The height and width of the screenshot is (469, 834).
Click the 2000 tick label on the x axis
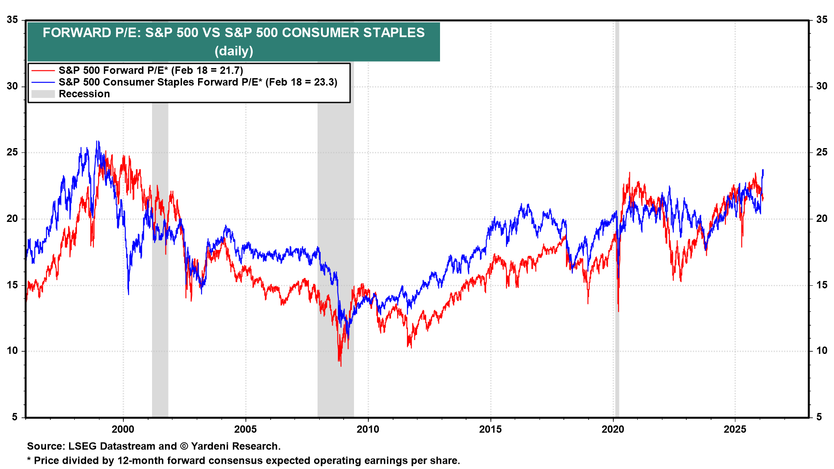coord(123,429)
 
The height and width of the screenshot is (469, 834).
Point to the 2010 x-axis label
coord(368,429)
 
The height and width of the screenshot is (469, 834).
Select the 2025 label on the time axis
coord(735,429)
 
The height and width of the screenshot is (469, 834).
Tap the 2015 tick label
coord(490,429)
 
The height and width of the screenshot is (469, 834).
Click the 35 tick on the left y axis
coord(13,20)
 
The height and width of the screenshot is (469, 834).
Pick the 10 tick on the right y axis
coord(821,351)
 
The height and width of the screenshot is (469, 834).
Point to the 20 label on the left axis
coord(13,219)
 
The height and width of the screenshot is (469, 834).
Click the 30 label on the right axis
coord(821,86)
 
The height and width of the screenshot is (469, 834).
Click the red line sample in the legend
coord(43,71)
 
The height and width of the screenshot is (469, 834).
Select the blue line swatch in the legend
coord(43,83)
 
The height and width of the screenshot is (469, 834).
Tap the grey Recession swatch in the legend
coord(43,94)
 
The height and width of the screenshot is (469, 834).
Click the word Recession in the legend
coord(84,94)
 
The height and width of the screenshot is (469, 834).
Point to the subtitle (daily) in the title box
coord(234,51)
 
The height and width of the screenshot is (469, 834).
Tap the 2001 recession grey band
coord(160,304)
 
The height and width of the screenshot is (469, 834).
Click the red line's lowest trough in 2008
coord(341,365)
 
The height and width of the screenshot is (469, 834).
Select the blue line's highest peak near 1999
coord(98,142)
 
